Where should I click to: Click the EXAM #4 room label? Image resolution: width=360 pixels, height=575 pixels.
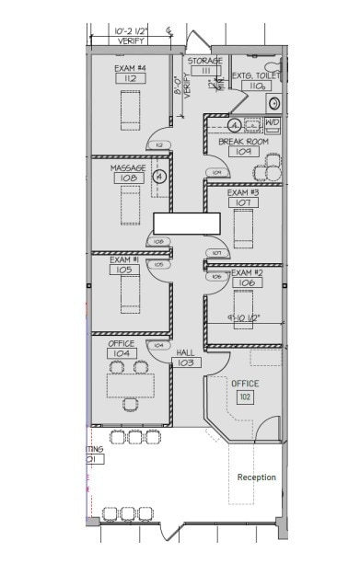click(130, 68)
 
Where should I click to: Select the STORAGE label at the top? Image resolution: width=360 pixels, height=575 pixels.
click(204, 61)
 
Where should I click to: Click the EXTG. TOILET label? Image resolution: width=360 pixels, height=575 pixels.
click(254, 75)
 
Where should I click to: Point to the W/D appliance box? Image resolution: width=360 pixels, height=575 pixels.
click(272, 122)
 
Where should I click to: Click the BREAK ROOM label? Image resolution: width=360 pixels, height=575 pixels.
click(243, 142)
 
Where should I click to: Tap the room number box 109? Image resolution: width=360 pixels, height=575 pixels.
click(243, 152)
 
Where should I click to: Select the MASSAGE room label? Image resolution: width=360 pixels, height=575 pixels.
click(128, 168)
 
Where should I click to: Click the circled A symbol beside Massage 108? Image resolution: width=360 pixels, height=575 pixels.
click(159, 176)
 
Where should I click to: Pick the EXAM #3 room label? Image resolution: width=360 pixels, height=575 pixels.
click(244, 192)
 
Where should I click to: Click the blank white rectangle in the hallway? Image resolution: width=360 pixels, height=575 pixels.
click(186, 223)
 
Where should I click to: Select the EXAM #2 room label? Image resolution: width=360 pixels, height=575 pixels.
click(246, 273)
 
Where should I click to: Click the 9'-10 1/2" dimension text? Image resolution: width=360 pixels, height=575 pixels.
click(244, 317)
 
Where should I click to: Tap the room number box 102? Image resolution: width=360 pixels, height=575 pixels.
click(245, 397)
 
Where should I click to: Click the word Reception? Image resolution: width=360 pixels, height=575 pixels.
click(256, 477)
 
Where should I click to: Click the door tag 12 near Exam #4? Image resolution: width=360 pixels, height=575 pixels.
click(158, 145)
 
